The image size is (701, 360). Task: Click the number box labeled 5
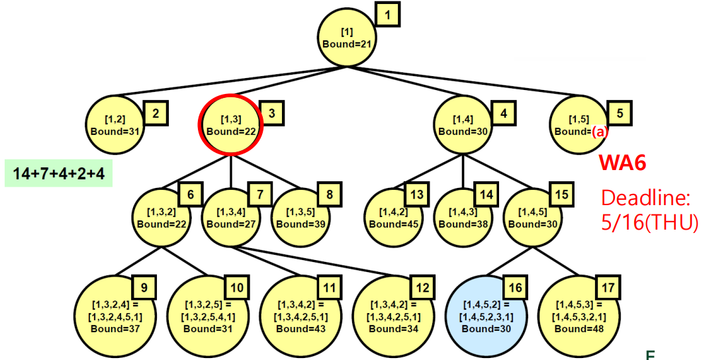pyautogui.click(x=619, y=112)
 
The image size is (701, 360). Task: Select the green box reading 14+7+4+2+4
pyautogui.click(x=59, y=173)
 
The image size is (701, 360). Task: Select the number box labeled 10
pyautogui.click(x=236, y=289)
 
